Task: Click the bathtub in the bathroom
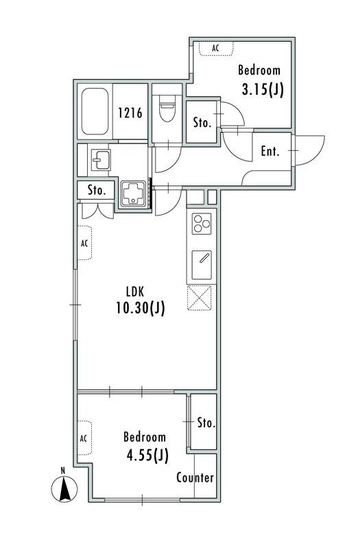pyautogui.click(x=95, y=111)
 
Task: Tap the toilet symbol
pyautogui.click(x=167, y=106)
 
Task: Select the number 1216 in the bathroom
pyautogui.click(x=130, y=113)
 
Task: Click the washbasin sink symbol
pyautogui.click(x=101, y=160)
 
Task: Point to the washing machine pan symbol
pyautogui.click(x=133, y=194)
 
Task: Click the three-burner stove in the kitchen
pyautogui.click(x=202, y=224)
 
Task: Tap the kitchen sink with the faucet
pyautogui.click(x=202, y=264)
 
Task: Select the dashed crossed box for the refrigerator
pyautogui.click(x=200, y=298)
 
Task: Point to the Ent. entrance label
pyautogui.click(x=270, y=151)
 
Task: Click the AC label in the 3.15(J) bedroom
pyautogui.click(x=215, y=48)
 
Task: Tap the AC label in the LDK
pyautogui.click(x=84, y=243)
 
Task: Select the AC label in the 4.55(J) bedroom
pyautogui.click(x=83, y=439)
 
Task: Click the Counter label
pyautogui.click(x=195, y=477)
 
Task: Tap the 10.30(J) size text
pyautogui.click(x=141, y=308)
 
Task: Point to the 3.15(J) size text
pyautogui.click(x=263, y=89)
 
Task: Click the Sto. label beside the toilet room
pyautogui.click(x=202, y=123)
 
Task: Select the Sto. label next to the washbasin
pyautogui.click(x=96, y=190)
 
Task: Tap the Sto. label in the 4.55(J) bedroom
pyautogui.click(x=206, y=423)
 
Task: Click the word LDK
pyautogui.click(x=134, y=291)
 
